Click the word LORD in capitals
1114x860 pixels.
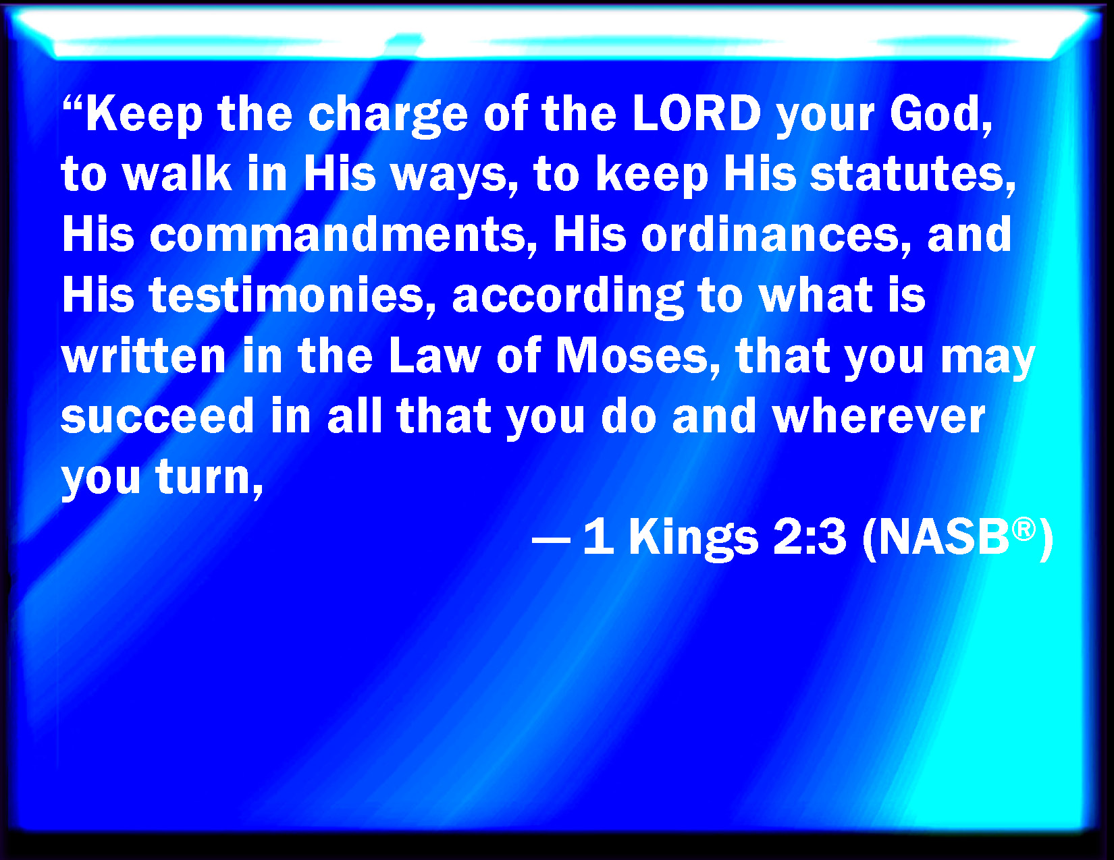697,113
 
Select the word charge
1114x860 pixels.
388,116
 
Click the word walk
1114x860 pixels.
177,175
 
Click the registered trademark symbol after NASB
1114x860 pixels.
1025,529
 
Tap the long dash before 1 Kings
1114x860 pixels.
551,540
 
